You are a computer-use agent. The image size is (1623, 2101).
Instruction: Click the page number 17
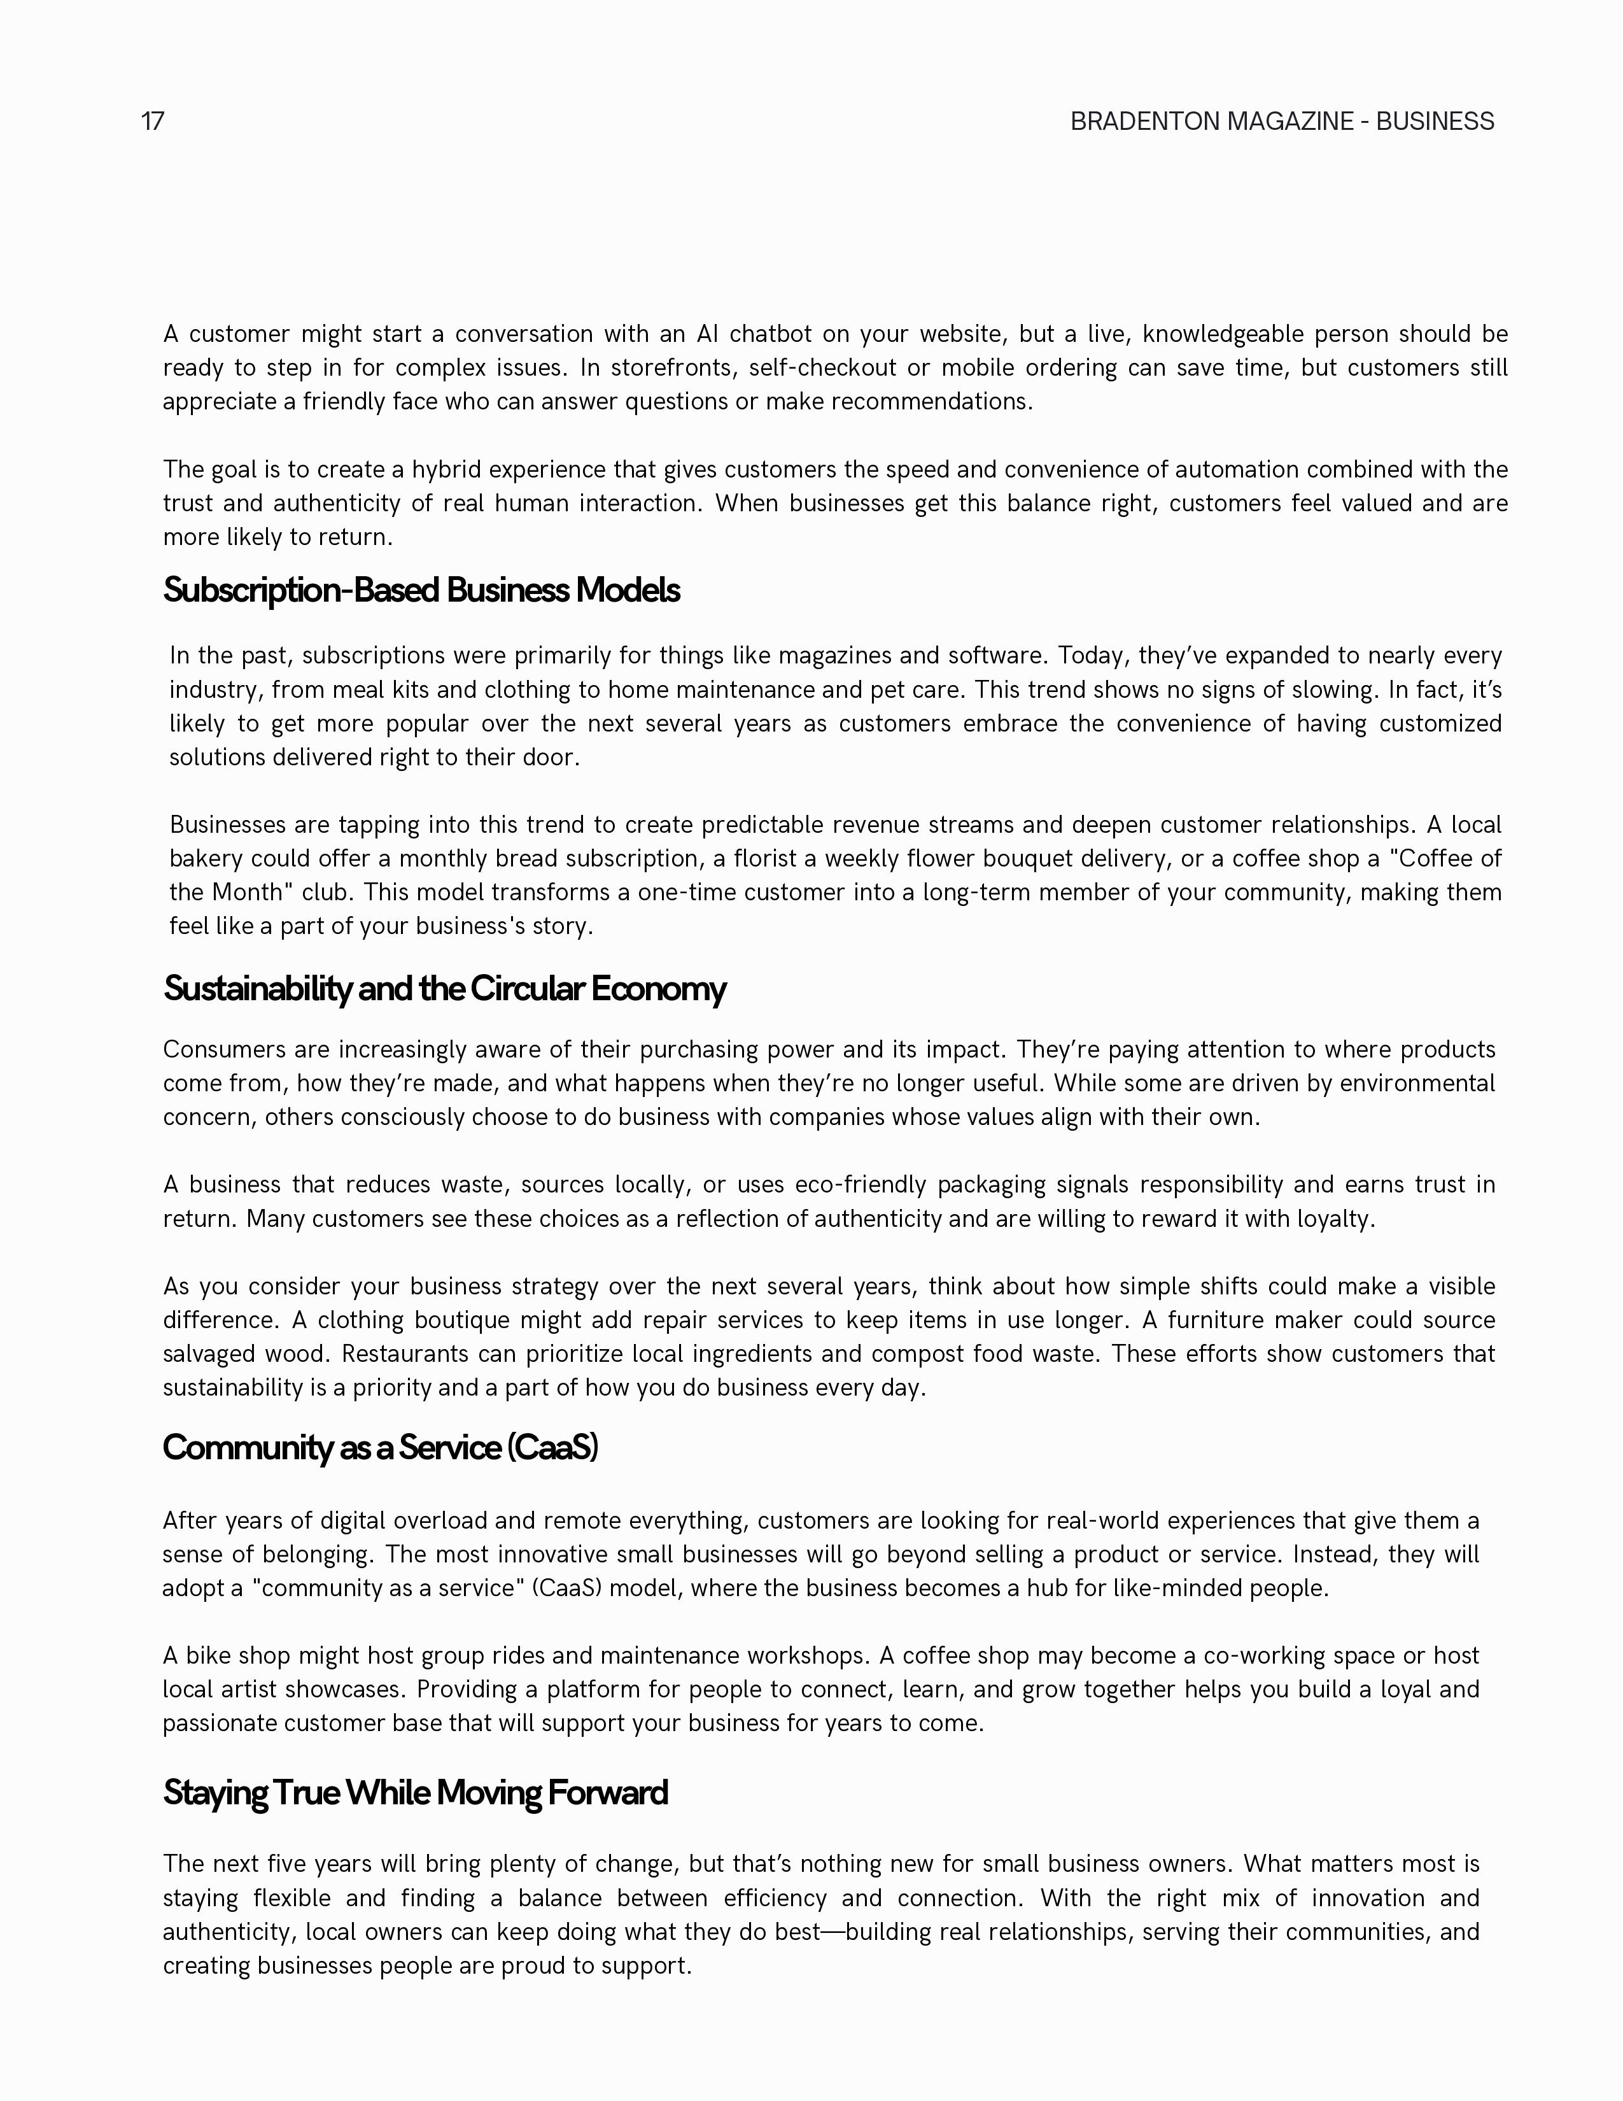pyautogui.click(x=152, y=121)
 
